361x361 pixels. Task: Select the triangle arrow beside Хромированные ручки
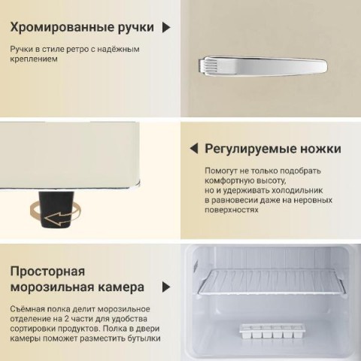pyautogui.click(x=166, y=27)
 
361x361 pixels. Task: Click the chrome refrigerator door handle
pyautogui.click(x=262, y=66)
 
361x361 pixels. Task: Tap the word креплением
pyautogui.click(x=34, y=59)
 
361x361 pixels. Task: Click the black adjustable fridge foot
pyautogui.click(x=56, y=210)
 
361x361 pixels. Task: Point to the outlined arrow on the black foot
pyautogui.click(x=59, y=219)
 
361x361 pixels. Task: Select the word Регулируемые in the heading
pyautogui.click(x=250, y=149)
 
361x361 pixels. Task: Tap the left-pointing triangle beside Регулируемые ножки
pyautogui.click(x=194, y=149)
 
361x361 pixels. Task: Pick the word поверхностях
pyautogui.click(x=232, y=210)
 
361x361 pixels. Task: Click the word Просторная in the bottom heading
pyautogui.click(x=47, y=272)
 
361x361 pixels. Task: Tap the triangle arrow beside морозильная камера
pyautogui.click(x=166, y=287)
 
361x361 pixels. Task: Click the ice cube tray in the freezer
pyautogui.click(x=272, y=331)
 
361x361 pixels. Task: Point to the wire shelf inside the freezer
pyautogui.click(x=272, y=281)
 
